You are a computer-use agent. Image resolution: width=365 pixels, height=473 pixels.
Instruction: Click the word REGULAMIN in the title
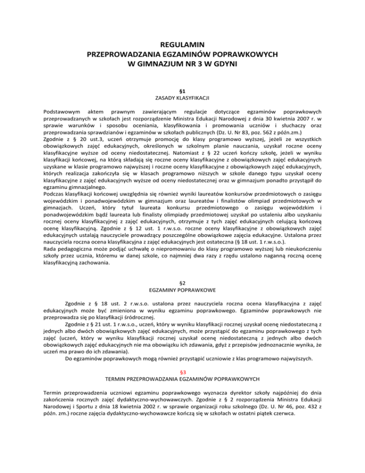182,45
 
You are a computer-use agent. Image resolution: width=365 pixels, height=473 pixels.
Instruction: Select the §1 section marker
182,89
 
